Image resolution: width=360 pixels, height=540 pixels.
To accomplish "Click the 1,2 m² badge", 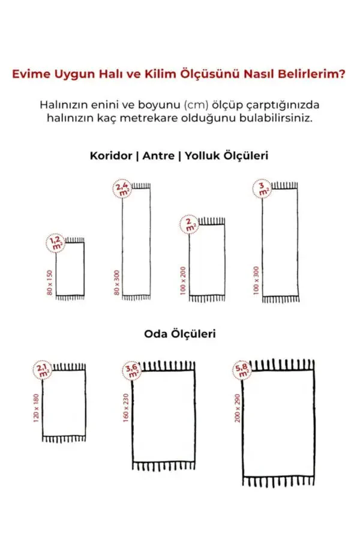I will [x=56, y=242].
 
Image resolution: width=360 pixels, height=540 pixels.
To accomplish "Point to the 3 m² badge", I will [x=262, y=190].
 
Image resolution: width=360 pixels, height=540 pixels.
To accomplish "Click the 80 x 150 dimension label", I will [x=50, y=282].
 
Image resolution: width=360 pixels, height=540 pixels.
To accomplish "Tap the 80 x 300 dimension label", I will [x=117, y=282].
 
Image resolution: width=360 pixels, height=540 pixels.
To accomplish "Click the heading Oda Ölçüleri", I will [x=179, y=334].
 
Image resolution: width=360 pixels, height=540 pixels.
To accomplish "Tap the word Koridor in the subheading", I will [x=111, y=155].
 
